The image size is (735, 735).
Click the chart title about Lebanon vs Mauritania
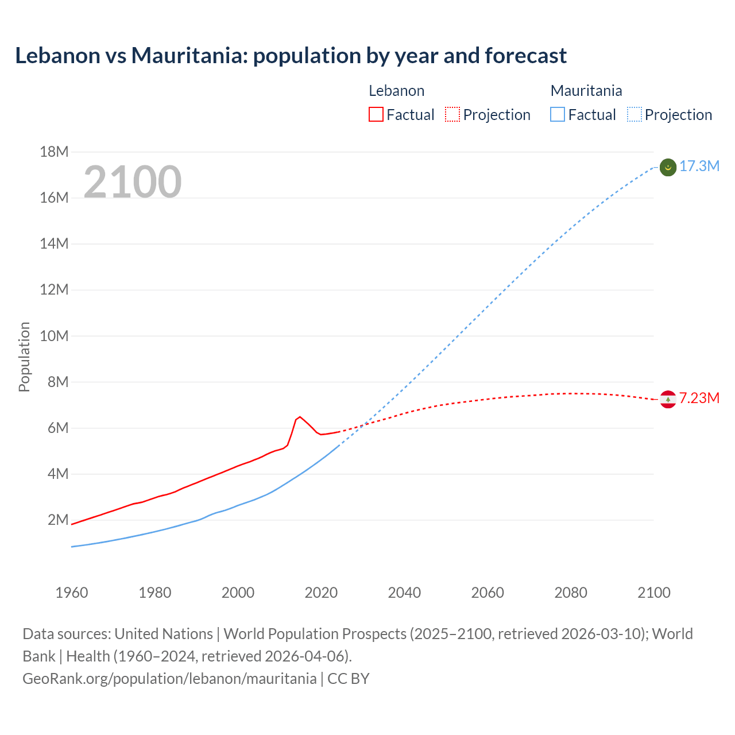tap(291, 56)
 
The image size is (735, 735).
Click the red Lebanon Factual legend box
tap(376, 114)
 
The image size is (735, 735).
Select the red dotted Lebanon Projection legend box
tap(452, 114)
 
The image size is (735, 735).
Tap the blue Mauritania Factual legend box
tap(557, 114)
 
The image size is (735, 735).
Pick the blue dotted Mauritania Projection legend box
tap(634, 114)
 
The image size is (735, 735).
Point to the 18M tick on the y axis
tap(54, 152)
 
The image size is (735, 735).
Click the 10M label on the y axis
tap(54, 336)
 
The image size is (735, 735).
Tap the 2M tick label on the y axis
tap(57, 520)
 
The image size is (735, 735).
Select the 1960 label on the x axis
tap(71, 593)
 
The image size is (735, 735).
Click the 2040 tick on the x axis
tap(404, 593)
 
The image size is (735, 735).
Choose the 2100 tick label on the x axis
tap(653, 593)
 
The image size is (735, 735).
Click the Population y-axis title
tap(24, 357)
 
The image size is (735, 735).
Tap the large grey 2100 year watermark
tap(133, 182)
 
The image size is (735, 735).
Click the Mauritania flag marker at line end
tap(668, 167)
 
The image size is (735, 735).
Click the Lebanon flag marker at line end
tap(668, 399)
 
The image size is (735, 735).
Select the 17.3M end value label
tap(699, 167)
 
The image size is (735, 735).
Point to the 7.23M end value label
tap(699, 399)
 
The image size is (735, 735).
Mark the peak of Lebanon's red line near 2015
tap(300, 417)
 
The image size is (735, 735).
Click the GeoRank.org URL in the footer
tap(169, 679)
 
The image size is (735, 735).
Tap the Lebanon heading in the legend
tap(396, 91)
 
